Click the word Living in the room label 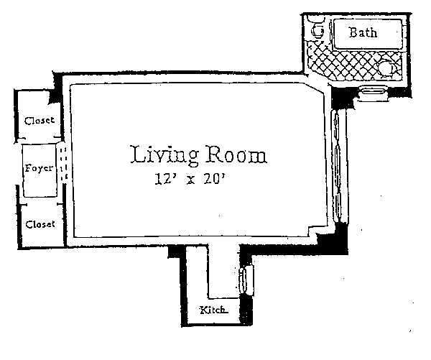[164, 155]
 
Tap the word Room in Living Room [236, 154]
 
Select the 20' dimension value [215, 179]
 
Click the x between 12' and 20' [191, 180]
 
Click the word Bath [363, 32]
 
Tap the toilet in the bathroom [318, 27]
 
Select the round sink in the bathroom [387, 68]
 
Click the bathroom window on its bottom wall [373, 93]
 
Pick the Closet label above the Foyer [40, 121]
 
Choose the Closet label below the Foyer [40, 224]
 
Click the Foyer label [39, 167]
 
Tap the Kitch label [213, 310]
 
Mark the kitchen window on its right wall [246, 280]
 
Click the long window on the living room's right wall [338, 165]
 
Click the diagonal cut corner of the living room [315, 88]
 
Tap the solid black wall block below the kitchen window [246, 310]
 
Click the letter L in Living [137, 154]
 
